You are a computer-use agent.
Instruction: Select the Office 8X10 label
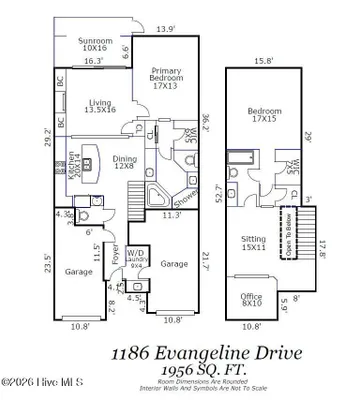pos(252,299)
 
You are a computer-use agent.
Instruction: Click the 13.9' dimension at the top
pos(165,29)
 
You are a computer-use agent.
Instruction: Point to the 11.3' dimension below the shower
pos(171,213)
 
